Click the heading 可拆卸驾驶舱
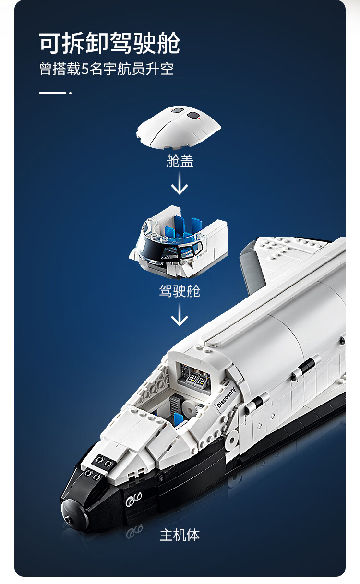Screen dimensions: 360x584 (x=109, y=43)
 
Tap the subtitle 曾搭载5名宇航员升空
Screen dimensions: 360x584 (x=107, y=69)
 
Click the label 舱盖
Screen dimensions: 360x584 (x=180, y=161)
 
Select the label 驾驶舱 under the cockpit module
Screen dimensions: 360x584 (x=180, y=291)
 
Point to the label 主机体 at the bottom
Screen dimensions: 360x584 (x=180, y=535)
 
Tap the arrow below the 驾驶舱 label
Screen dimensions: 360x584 (x=180, y=314)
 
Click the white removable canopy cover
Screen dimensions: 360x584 (x=179, y=127)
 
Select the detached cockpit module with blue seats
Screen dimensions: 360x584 (x=179, y=242)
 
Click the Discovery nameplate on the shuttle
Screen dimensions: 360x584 (x=226, y=397)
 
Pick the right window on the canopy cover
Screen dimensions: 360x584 (x=193, y=115)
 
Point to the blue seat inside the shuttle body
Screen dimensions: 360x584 (x=179, y=419)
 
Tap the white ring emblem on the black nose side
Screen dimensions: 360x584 (x=133, y=500)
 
